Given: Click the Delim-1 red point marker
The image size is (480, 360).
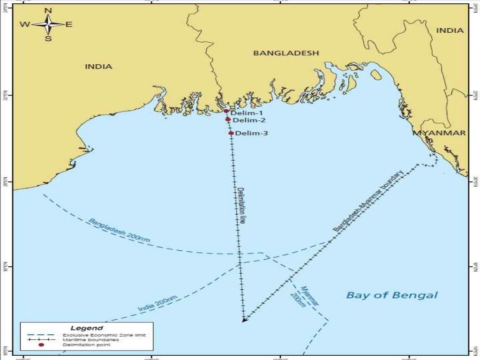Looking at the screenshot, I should coord(226,112).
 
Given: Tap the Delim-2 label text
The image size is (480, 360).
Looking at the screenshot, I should coord(248,120).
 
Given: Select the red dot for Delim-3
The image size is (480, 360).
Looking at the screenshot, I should coord(231,133).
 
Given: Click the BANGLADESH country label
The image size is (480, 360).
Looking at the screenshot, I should coord(286,53).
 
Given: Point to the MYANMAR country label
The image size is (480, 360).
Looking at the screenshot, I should coord(439,133).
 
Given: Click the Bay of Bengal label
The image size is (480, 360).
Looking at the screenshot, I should coord(391,295).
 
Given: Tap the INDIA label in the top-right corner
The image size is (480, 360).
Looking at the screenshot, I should coord(450,30).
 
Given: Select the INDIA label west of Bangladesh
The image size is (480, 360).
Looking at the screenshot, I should coord(98,67).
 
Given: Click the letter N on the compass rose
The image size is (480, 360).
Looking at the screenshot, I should coord(48,10).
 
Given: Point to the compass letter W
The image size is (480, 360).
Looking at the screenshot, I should coord(24,24).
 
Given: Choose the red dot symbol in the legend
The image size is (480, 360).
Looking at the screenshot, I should coord(41,345).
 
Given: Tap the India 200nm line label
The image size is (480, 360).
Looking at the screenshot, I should coord(158,304).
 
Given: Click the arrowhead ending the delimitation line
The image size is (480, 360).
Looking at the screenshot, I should coord(244,320).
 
